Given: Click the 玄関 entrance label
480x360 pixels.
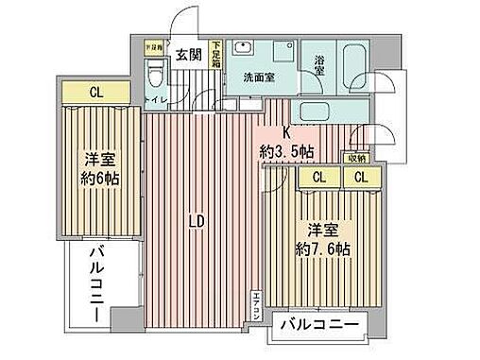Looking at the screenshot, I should pos(186,55).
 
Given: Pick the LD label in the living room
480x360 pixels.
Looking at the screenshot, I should pos(196,223).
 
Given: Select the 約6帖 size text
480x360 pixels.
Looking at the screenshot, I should pos(98,180).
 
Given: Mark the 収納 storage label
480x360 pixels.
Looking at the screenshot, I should pos(355,158).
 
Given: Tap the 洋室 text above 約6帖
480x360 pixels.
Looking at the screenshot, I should pos(98,159).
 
